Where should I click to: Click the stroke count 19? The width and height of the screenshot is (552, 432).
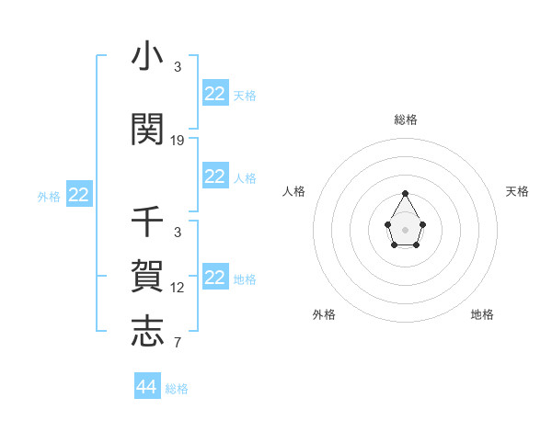(178, 141)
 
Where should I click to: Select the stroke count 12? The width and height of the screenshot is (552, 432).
(178, 288)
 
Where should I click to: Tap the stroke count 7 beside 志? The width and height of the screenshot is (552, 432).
(178, 343)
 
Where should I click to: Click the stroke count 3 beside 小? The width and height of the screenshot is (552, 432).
(178, 67)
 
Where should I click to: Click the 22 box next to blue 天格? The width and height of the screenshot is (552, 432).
(215, 94)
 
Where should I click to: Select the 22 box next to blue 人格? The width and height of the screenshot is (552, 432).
(215, 176)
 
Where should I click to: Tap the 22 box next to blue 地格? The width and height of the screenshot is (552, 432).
(215, 278)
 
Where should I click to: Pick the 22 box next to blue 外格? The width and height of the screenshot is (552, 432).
(79, 195)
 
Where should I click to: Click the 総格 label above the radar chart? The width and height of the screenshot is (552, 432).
(406, 119)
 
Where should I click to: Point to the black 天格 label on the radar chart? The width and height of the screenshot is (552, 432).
(518, 191)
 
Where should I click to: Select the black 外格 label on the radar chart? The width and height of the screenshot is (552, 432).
(324, 314)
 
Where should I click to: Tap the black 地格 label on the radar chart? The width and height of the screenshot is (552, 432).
(482, 314)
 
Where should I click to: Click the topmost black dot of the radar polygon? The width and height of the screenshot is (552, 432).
(406, 193)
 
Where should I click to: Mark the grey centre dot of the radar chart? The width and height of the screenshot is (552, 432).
(406, 229)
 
